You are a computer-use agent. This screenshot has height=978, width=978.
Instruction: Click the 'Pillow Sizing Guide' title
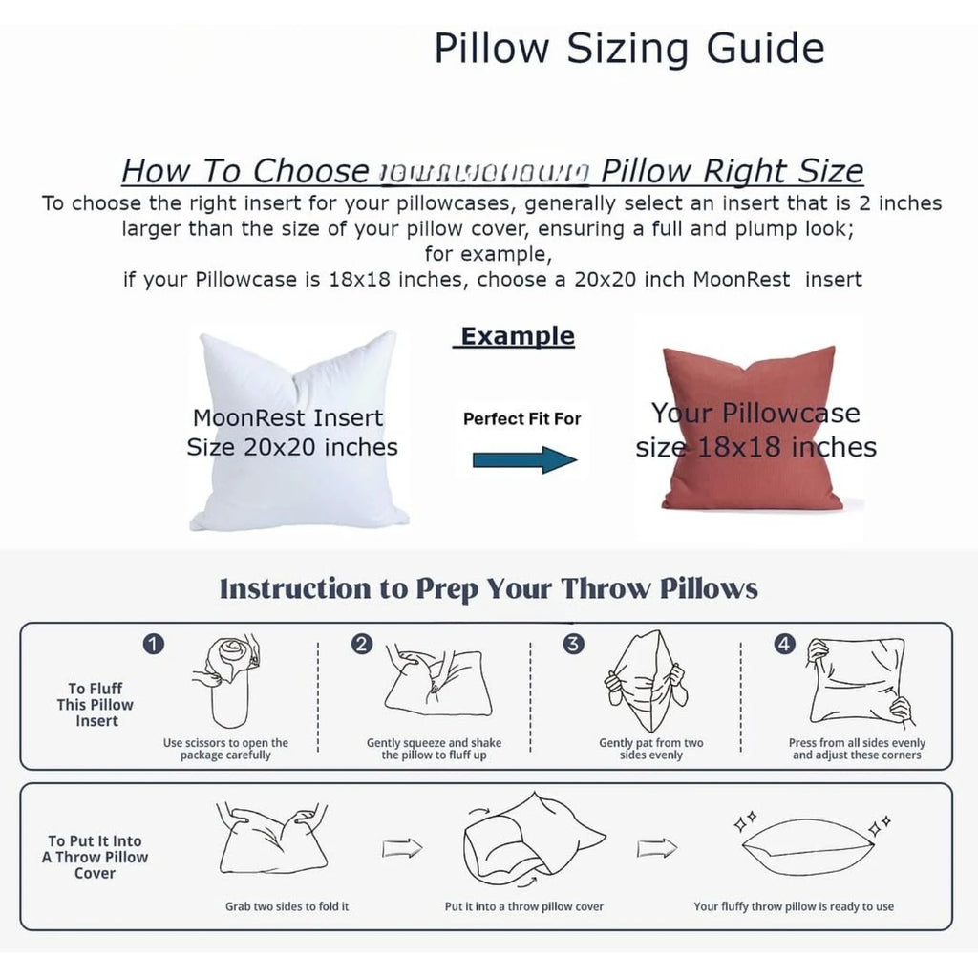629,48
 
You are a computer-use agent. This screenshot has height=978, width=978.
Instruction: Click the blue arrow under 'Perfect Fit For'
524,459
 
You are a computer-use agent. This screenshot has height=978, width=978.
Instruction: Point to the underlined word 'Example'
517,336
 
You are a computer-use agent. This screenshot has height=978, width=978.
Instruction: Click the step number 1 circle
153,645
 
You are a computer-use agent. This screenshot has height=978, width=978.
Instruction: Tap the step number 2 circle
362,645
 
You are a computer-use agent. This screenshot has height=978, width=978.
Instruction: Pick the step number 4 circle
784,645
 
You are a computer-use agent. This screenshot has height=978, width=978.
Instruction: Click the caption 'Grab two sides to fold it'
287,906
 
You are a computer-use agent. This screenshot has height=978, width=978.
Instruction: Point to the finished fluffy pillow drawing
807,846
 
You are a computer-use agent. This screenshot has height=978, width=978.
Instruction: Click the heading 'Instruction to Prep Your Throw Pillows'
489,588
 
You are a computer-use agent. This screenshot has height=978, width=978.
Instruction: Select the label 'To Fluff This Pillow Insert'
96,704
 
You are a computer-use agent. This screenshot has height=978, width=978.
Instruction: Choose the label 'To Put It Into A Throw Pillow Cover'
95,857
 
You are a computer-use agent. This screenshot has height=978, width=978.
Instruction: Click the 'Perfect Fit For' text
521,418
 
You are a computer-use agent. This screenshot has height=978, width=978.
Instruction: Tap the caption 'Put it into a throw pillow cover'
524,906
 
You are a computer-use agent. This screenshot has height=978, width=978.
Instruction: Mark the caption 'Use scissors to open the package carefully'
225,749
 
